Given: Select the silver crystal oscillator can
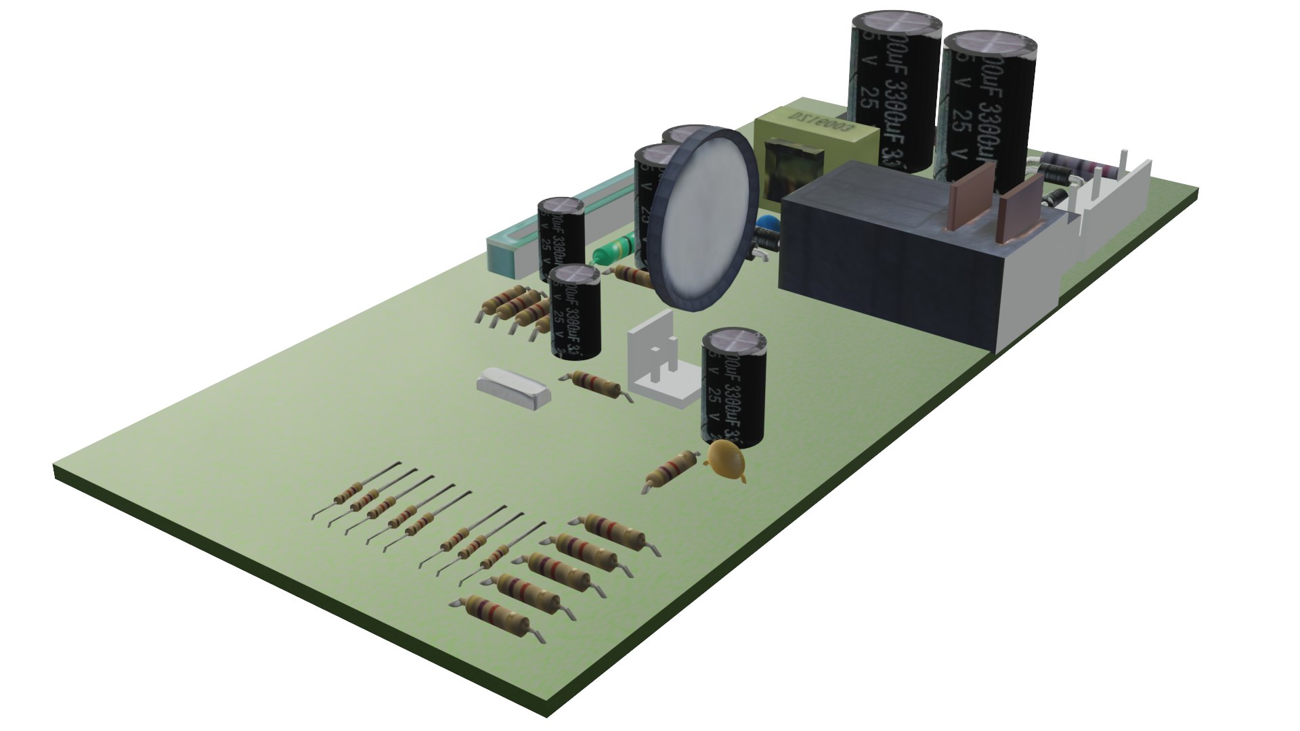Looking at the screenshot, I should [x=513, y=389].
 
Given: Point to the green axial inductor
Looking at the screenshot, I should [x=613, y=248].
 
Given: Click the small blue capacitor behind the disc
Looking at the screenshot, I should [x=768, y=224].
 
